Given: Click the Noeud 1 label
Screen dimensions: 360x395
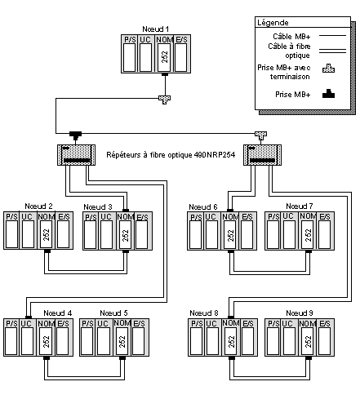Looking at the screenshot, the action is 156,29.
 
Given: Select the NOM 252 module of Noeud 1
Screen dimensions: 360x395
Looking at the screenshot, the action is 165,54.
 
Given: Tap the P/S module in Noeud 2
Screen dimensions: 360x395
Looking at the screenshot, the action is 11,230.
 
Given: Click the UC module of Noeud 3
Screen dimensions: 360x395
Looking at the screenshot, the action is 106,231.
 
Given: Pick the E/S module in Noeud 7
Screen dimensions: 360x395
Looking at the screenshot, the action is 325,231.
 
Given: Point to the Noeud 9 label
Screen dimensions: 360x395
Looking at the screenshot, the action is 300,313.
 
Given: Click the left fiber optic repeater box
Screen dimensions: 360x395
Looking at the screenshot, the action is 76,155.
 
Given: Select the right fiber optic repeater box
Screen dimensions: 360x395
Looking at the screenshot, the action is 262,155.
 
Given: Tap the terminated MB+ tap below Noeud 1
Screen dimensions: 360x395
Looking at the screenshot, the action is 165,100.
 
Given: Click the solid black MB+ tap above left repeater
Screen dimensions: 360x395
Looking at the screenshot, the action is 75,135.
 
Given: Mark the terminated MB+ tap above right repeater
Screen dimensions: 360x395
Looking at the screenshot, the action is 260,135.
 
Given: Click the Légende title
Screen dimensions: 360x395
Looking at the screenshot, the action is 273,23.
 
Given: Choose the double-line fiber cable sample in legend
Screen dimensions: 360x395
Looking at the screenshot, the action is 332,51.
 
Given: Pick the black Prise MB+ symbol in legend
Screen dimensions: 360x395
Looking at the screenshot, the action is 328,94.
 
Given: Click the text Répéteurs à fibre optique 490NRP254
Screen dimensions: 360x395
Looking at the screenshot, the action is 171,155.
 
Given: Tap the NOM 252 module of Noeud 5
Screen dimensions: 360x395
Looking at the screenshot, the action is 122,337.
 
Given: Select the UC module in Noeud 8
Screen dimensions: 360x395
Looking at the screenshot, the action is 211,337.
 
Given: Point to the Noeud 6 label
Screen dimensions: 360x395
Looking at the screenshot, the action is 203,207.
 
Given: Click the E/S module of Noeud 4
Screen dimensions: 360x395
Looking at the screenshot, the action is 64,337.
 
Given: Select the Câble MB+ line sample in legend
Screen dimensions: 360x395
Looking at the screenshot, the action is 332,36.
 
